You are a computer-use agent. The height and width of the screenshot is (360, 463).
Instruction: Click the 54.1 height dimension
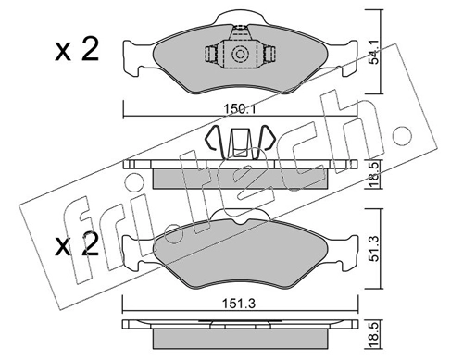pyautogui.click(x=374, y=53)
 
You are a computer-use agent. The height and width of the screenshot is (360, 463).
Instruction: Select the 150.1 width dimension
pyautogui.click(x=240, y=108)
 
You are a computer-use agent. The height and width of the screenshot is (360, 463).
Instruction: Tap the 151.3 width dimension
pyautogui.click(x=240, y=304)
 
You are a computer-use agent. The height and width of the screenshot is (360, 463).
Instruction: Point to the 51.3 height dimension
pyautogui.click(x=374, y=249)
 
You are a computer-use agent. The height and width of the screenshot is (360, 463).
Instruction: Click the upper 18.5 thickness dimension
pyautogui.click(x=374, y=174)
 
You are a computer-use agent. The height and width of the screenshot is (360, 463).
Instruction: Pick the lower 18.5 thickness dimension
pyautogui.click(x=374, y=335)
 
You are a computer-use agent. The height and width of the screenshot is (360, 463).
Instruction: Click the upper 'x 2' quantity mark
pyautogui.click(x=77, y=49)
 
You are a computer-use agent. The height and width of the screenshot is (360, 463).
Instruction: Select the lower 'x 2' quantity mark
pyautogui.click(x=77, y=244)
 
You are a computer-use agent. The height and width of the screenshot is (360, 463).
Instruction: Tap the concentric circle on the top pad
pyautogui.click(x=240, y=55)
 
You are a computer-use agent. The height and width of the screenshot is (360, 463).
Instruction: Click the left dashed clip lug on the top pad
pyautogui.click(x=212, y=54)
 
